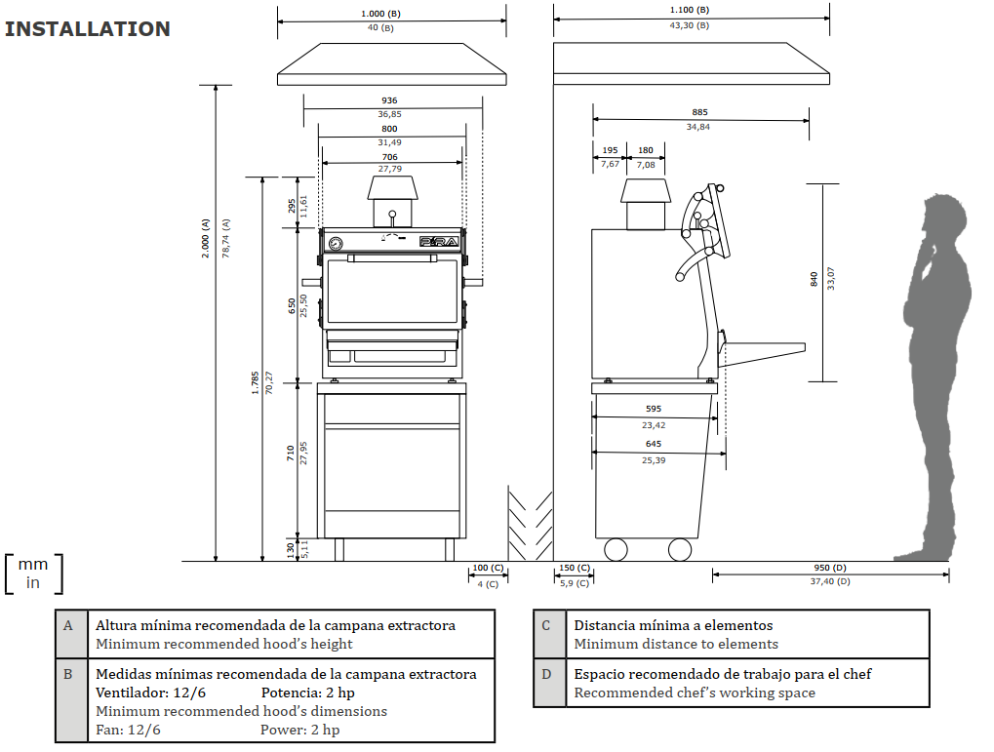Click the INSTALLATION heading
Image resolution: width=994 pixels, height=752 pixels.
(x=88, y=29)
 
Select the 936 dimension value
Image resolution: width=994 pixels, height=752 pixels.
(x=389, y=100)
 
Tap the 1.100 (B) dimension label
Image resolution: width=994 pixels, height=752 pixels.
(x=690, y=10)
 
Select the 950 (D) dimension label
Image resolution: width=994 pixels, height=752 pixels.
(x=829, y=568)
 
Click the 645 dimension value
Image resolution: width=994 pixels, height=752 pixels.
(x=654, y=445)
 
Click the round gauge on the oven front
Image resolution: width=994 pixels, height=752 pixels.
(x=336, y=243)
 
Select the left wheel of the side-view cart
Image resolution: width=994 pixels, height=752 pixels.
(x=616, y=550)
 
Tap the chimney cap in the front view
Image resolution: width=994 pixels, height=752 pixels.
(x=392, y=187)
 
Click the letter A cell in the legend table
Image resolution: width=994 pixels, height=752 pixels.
(x=68, y=625)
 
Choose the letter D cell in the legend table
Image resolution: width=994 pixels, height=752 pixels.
(x=546, y=674)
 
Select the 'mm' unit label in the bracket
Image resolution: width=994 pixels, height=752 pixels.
(x=33, y=565)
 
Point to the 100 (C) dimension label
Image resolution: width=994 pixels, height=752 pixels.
(x=488, y=568)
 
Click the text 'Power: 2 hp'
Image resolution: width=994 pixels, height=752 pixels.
(x=300, y=730)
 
